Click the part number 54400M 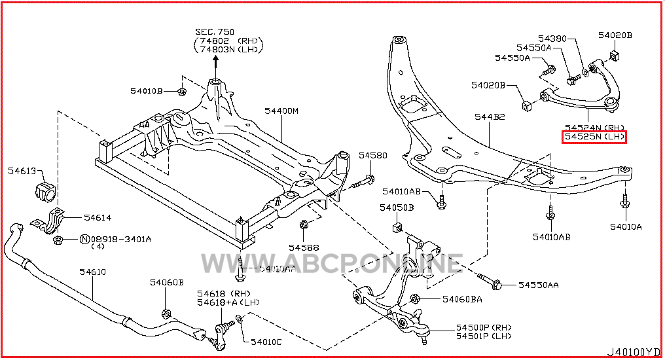pyautogui.click(x=281, y=112)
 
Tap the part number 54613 pyautogui.click(x=23, y=170)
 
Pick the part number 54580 pyautogui.click(x=372, y=156)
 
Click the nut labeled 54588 pyautogui.click(x=304, y=226)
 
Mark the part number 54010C pyautogui.click(x=266, y=342)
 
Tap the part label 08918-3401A pyautogui.click(x=120, y=239)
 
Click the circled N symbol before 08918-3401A pyautogui.click(x=84, y=239)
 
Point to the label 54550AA pyautogui.click(x=538, y=285)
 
